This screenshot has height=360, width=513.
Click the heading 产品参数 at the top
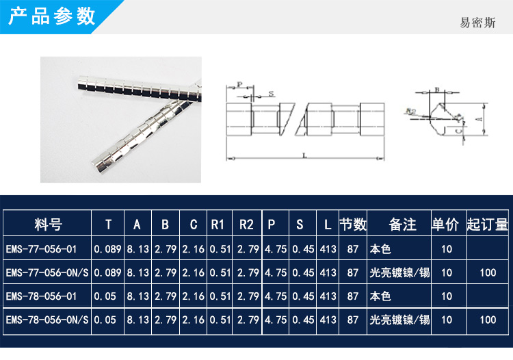tap(52, 16)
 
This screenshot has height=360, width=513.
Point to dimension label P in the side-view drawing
tap(239, 86)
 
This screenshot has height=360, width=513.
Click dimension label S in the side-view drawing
tap(272, 93)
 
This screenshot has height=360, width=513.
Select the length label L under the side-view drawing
tap(303, 156)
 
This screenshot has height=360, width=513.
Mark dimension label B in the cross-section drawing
tap(436, 90)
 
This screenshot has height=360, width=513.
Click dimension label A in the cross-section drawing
tap(478, 118)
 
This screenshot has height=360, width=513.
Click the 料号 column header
tap(48, 224)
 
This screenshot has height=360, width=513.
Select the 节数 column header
tap(353, 224)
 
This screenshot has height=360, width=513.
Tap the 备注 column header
tap(402, 224)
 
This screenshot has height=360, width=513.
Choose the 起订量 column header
tap(487, 224)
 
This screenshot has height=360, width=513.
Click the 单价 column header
tap(447, 224)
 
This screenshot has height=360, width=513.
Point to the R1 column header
tap(218, 224)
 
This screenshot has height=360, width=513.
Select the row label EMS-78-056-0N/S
tap(47, 320)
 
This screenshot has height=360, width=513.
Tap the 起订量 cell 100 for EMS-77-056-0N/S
tap(488, 272)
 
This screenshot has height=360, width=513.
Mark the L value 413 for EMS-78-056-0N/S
tap(328, 320)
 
